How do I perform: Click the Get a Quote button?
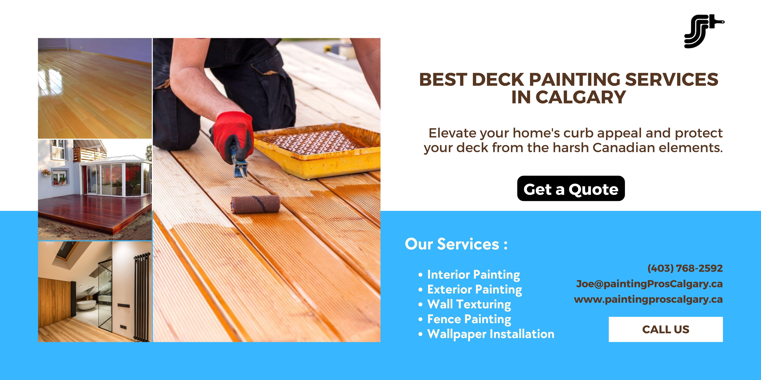(x=571, y=189)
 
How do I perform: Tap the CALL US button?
(x=666, y=329)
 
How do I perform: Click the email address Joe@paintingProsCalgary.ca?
(x=649, y=284)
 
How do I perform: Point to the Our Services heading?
(x=456, y=244)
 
